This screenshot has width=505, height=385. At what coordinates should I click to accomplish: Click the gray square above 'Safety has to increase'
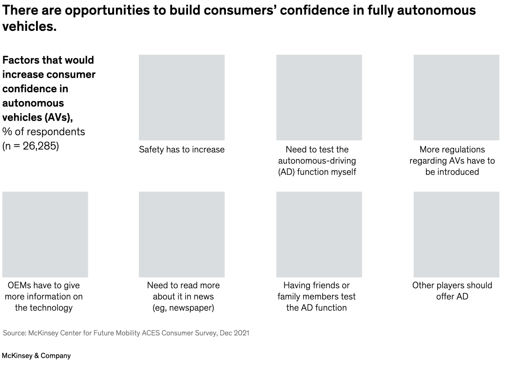(181, 97)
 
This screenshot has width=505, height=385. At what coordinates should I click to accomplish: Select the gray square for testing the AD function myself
(319, 97)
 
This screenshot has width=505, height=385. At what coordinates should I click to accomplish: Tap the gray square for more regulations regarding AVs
(456, 97)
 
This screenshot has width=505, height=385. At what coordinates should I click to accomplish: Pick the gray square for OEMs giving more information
(45, 234)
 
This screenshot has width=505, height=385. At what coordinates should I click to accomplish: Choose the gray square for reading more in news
(181, 234)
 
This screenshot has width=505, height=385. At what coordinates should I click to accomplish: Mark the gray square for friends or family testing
(319, 234)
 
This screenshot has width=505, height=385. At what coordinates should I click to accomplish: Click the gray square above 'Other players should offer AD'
(456, 234)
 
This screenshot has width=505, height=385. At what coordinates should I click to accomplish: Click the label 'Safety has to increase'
(181, 150)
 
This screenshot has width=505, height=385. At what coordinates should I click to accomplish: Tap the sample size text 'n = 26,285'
(31, 146)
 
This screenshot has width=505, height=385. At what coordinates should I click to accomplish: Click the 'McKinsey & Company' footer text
(36, 356)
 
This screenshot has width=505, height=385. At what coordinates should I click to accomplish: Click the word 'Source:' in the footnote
(14, 333)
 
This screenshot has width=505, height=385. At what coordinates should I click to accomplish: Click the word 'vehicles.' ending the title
(29, 27)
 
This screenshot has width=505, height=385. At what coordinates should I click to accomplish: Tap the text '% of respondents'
(43, 131)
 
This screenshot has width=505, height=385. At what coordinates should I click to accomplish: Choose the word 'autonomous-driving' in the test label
(317, 160)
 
